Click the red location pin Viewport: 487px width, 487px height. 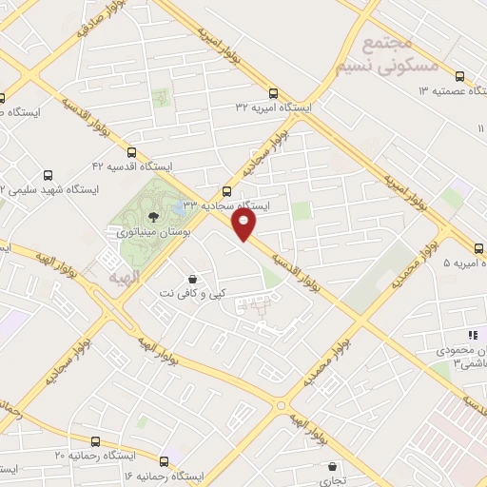245,224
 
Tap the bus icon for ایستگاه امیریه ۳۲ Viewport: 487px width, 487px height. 274,93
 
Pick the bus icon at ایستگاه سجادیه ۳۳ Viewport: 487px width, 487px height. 225,190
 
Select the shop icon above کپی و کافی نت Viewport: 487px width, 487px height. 194,280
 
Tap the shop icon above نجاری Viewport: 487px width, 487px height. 331,467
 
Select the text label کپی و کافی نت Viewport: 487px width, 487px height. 196,295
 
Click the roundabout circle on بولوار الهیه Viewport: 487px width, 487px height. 282,405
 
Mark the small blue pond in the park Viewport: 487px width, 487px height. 183,204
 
